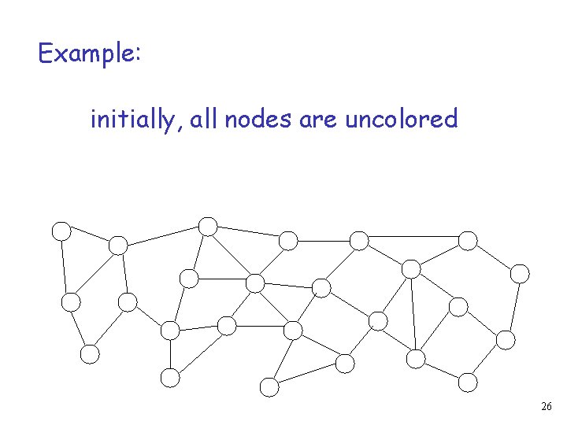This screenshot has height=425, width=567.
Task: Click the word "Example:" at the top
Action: pos(89,54)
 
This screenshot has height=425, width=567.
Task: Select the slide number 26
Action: pos(547,407)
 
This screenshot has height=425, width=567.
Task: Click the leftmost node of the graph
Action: pos(61,231)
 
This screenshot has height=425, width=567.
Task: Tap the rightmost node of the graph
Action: pos(521,273)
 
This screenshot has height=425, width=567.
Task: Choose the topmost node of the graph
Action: pos(208,226)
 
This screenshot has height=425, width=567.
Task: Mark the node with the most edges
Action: pos(255,283)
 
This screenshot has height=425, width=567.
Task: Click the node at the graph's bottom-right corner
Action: pos(468,382)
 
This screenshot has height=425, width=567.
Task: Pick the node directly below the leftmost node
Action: pos(71,301)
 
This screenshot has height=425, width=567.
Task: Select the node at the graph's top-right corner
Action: pos(468,239)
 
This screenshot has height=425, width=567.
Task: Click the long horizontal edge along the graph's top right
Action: pos(413,236)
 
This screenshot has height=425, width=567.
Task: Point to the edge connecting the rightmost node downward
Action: pos(513,307)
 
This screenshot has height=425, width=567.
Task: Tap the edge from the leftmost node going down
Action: pos(66,266)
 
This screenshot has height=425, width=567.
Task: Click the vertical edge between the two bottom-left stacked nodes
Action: pos(170,354)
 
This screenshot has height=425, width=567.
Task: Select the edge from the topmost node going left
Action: pos(162,235)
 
